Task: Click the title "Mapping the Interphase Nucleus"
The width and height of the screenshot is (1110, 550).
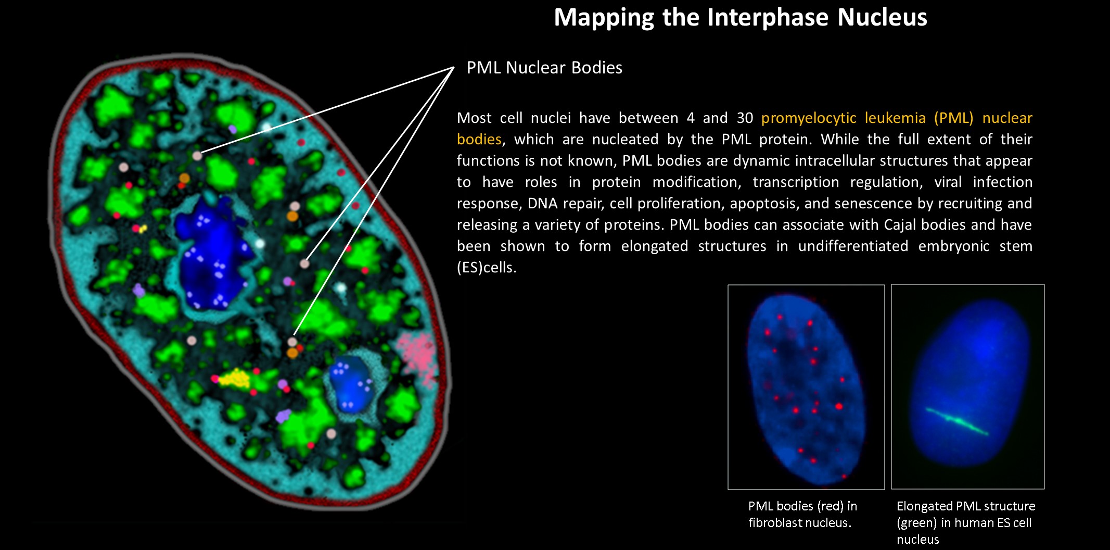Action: (740, 17)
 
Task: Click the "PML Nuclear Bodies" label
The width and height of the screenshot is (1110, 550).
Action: (544, 68)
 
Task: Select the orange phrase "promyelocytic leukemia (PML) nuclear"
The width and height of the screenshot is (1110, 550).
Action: (897, 118)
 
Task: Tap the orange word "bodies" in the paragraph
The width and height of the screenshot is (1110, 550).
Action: (479, 139)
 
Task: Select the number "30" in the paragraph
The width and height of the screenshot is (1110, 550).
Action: (745, 118)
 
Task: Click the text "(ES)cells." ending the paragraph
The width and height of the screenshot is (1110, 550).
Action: (487, 268)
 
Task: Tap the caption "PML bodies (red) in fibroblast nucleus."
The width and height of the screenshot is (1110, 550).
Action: (802, 514)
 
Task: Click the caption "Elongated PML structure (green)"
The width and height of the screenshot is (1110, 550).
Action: (966, 514)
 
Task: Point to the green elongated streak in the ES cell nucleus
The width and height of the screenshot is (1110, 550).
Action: (957, 421)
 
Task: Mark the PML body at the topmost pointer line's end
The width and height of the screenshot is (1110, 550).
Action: (197, 155)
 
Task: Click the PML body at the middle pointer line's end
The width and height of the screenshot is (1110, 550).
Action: (304, 264)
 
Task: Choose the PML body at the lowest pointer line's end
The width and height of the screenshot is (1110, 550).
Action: (292, 342)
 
